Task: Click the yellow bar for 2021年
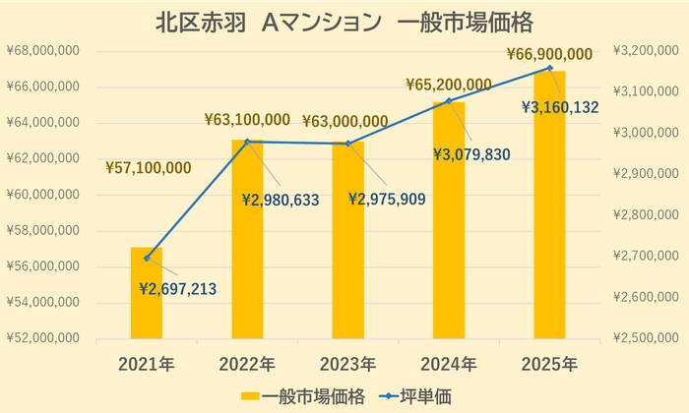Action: pos(147,295)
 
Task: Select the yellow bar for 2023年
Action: pos(347,246)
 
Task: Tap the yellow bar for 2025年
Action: pos(549,206)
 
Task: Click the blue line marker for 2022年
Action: pos(247,142)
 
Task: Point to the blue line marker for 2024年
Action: pos(449,100)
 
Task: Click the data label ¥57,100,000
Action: pos(149,168)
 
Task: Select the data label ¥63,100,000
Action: pos(247,120)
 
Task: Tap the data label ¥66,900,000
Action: pos(549,54)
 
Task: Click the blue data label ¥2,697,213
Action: pos(177,289)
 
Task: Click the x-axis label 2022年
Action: pos(247,364)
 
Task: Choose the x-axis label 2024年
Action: pos(449,364)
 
